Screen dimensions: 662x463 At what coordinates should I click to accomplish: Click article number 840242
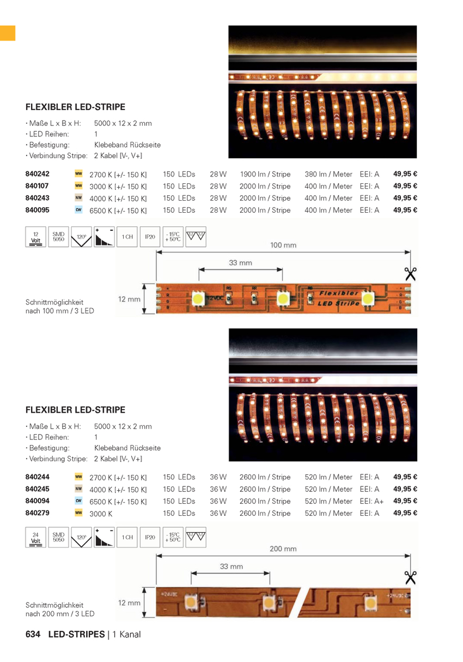point(37,174)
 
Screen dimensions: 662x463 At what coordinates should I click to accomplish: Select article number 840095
point(37,210)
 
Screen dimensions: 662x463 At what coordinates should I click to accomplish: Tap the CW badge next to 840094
point(78,501)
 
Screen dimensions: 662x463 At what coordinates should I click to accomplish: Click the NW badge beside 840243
point(78,198)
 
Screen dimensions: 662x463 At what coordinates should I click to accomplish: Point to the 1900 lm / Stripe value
point(265,174)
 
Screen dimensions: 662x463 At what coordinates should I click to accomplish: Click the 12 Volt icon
point(36,237)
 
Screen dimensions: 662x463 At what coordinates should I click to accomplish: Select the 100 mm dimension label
point(283,245)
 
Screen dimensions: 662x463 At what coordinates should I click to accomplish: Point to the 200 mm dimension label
point(283,549)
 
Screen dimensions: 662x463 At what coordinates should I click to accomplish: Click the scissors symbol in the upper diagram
point(410,274)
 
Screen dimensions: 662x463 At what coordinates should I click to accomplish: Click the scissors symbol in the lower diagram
point(410,577)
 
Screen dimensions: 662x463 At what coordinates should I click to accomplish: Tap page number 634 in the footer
point(34,635)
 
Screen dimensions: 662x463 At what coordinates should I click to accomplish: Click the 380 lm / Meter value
point(328,174)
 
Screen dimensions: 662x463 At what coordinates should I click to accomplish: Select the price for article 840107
point(405,186)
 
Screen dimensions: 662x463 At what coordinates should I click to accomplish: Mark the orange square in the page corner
point(8,33)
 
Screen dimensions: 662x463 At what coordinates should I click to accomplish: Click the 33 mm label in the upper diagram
point(240,263)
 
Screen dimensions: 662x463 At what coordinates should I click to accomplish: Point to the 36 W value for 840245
point(218,489)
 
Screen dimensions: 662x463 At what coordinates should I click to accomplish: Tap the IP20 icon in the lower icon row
point(150,538)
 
